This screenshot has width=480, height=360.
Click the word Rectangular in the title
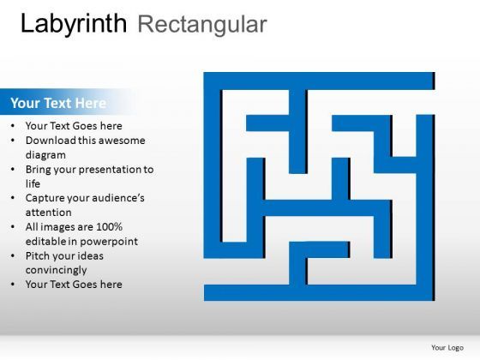click(x=201, y=24)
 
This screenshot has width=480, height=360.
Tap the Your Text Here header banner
click(x=58, y=103)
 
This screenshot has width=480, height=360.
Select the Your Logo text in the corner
click(x=447, y=347)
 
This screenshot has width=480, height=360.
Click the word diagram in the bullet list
click(x=46, y=155)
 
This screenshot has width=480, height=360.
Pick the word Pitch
click(x=39, y=256)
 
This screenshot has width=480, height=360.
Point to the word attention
click(x=49, y=213)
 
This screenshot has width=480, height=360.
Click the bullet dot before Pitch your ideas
click(x=13, y=256)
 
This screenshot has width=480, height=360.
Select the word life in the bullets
click(x=33, y=183)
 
